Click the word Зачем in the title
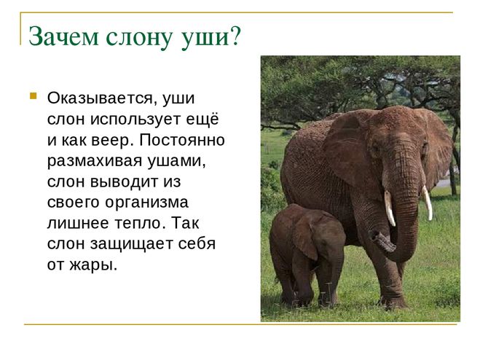point(63,36)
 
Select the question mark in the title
point(235,36)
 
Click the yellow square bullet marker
point(33,96)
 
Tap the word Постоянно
point(182,140)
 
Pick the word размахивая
point(95,162)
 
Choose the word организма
point(146,203)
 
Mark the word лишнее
point(79,223)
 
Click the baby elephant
point(307,254)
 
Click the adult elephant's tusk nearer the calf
point(390,208)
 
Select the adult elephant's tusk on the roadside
point(428,202)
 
